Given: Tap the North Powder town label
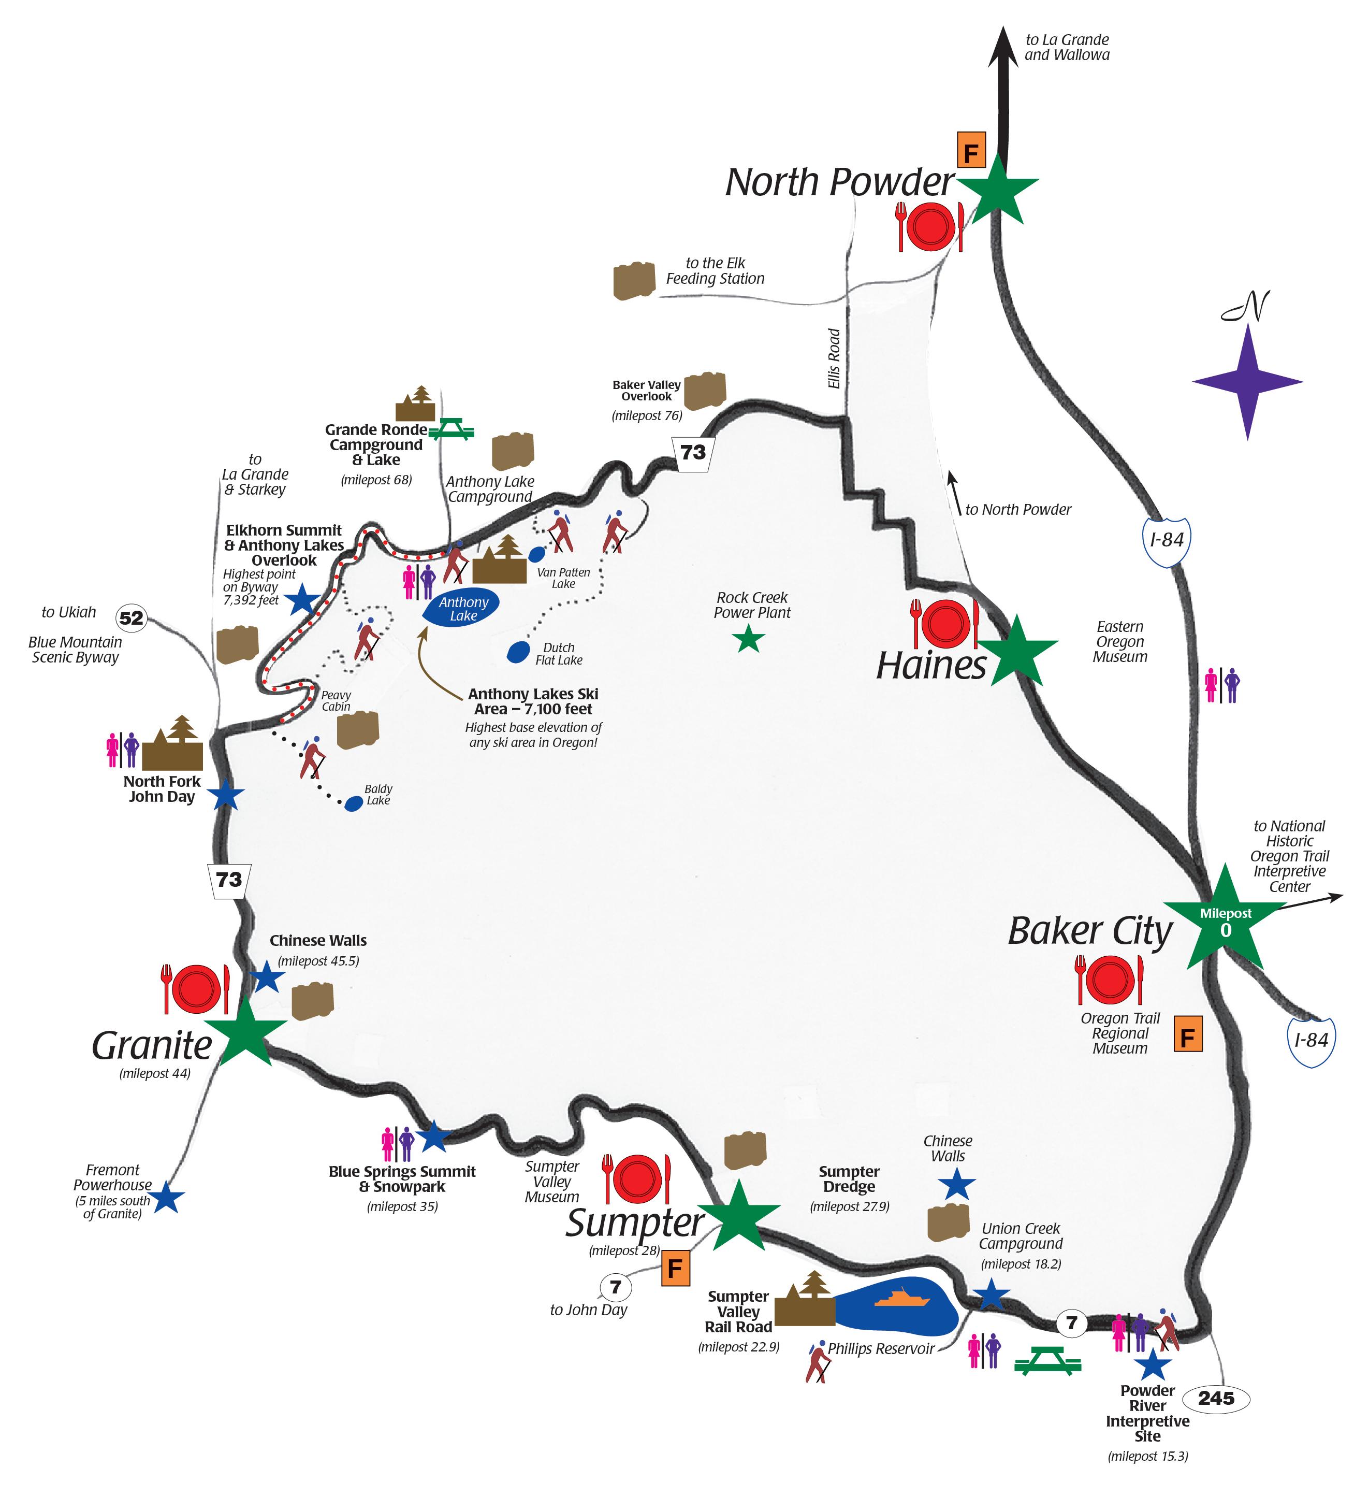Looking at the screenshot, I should pos(839,182).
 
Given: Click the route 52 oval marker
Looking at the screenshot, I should pos(132,617).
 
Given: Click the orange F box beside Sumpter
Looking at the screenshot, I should pos(675,1269).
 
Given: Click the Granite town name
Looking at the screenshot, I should pos(152,1046).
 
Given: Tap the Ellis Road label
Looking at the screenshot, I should pos(834,358).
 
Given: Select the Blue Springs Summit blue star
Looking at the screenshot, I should pos(434,1137).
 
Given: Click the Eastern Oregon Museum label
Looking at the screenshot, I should pos(1120,642).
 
